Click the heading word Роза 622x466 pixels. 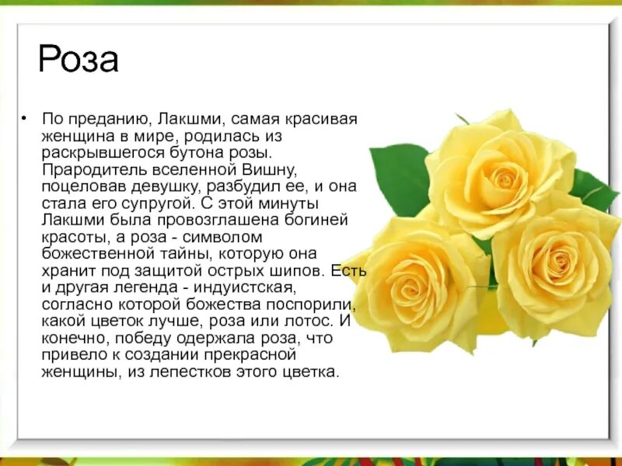pyautogui.click(x=79, y=60)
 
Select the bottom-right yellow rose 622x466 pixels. pyautogui.click(x=556, y=268)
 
